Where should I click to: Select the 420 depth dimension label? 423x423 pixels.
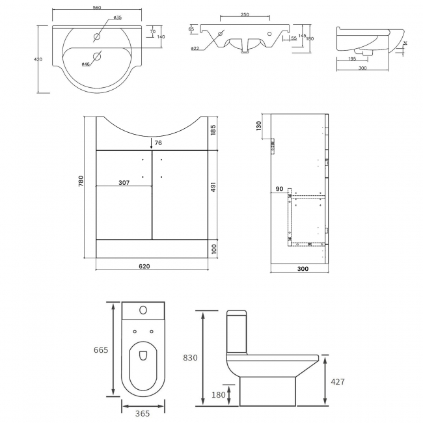click(38, 60)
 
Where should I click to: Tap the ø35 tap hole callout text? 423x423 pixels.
click(117, 18)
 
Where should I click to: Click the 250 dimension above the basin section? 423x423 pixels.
click(244, 14)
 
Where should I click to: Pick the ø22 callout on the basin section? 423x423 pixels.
click(195, 49)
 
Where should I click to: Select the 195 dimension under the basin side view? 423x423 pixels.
click(351, 59)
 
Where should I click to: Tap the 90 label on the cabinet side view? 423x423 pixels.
click(279, 189)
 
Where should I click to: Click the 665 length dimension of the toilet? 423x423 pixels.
click(100, 349)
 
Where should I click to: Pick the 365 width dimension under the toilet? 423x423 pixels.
click(142, 413)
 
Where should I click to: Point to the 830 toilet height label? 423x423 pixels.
click(190, 357)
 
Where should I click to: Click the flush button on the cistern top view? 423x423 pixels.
click(143, 310)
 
